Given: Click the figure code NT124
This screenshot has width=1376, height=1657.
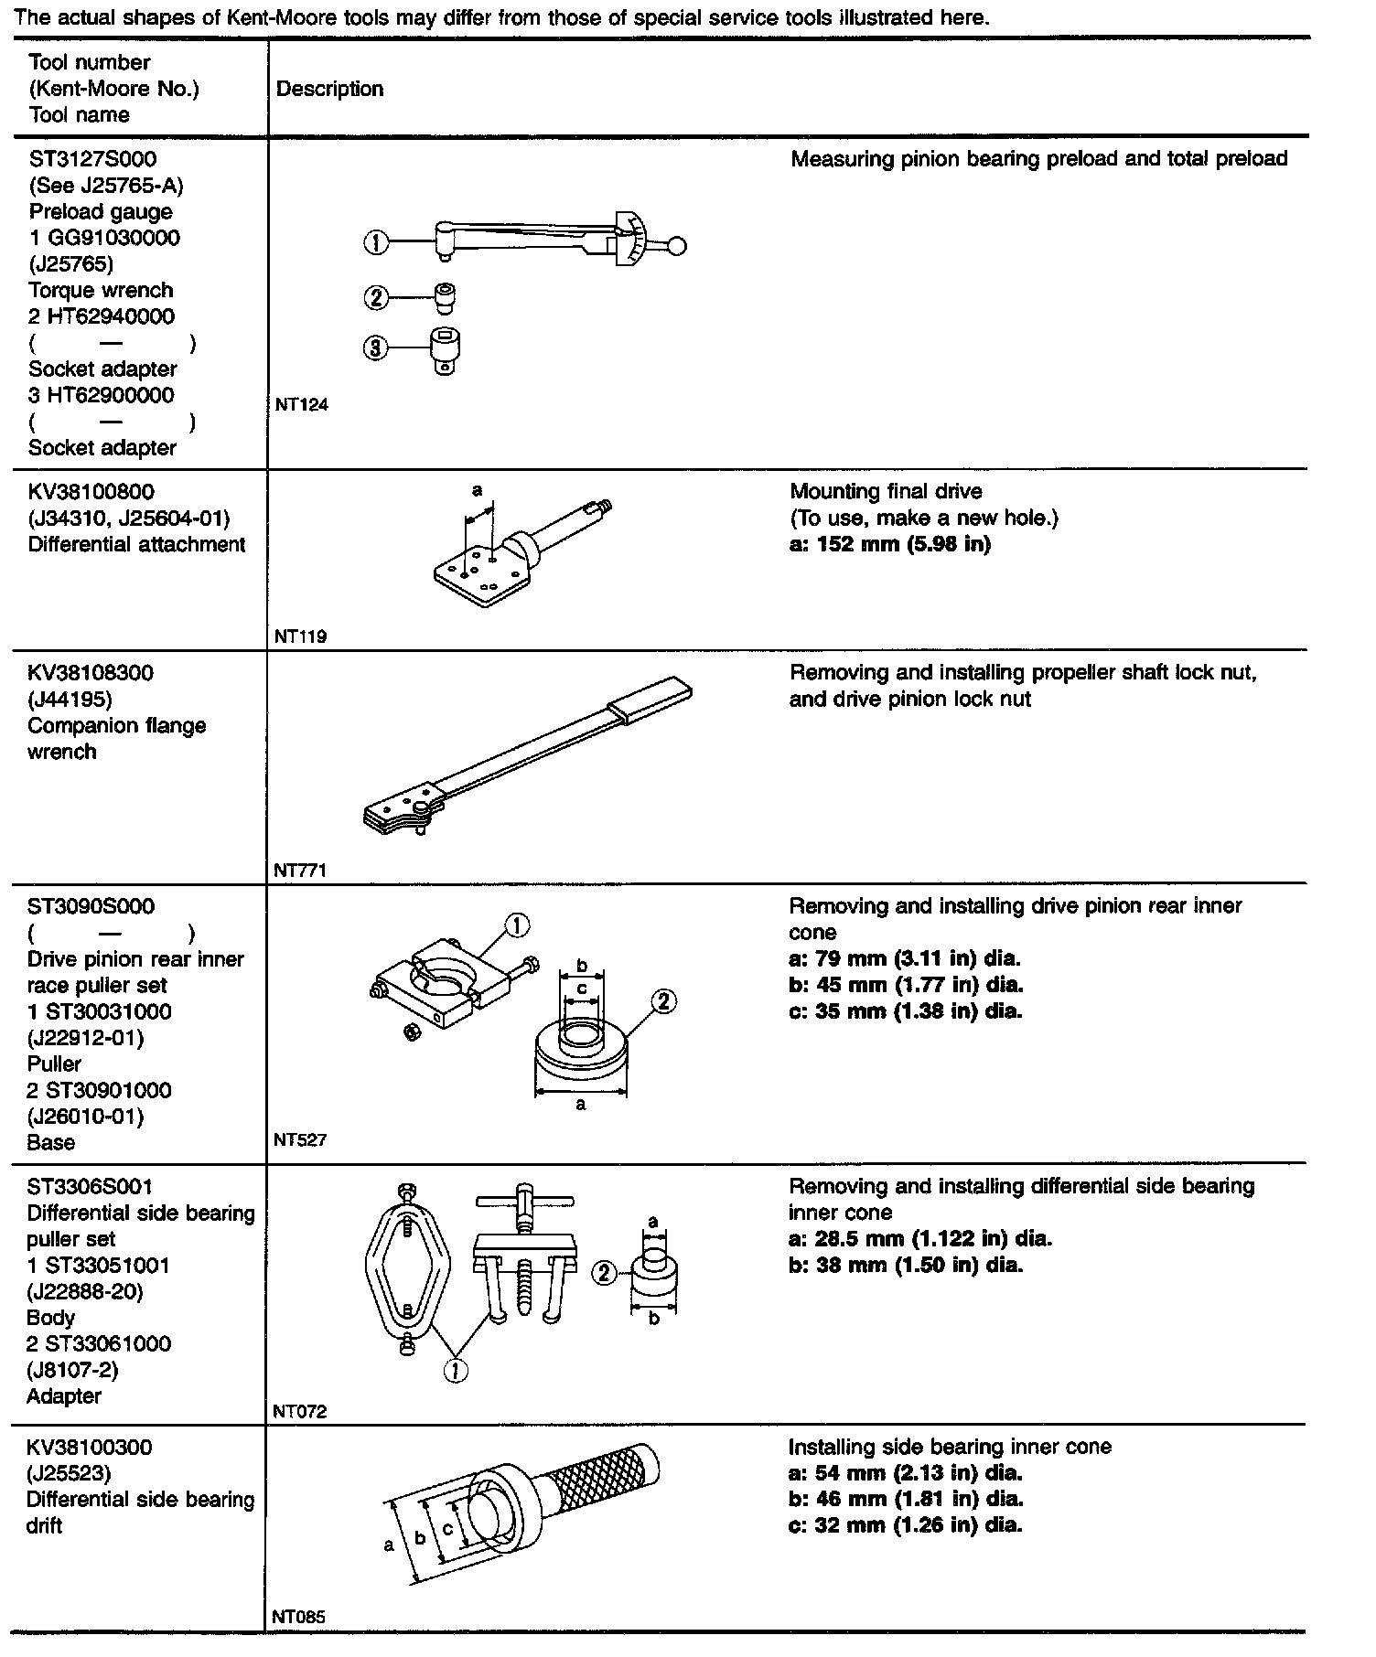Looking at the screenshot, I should [301, 405].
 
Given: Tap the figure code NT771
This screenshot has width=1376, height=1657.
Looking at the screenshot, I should [300, 871].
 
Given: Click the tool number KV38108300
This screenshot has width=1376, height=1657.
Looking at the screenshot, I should [91, 673].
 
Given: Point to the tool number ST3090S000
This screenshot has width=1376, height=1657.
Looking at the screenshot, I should [91, 907].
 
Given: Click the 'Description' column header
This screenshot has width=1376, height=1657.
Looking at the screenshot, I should [329, 89].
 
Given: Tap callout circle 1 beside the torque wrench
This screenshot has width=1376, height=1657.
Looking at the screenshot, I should [375, 243].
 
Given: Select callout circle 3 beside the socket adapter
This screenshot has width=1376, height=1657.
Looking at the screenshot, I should [375, 348].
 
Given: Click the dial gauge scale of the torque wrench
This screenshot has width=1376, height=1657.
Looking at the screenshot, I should [631, 238].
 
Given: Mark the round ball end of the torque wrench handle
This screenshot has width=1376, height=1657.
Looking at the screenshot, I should [677, 245].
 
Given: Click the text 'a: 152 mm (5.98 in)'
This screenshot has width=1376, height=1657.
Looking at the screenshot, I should [889, 544].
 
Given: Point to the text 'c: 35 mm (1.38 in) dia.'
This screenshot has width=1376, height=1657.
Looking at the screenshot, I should [905, 1011].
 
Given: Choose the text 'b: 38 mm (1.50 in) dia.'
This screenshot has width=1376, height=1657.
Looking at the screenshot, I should [906, 1266].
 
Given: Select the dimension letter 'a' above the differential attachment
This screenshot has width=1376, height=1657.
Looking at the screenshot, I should [477, 491].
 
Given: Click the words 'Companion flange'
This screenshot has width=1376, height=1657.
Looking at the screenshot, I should [117, 726].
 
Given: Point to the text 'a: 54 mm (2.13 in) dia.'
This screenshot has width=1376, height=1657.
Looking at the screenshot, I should [905, 1473].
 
